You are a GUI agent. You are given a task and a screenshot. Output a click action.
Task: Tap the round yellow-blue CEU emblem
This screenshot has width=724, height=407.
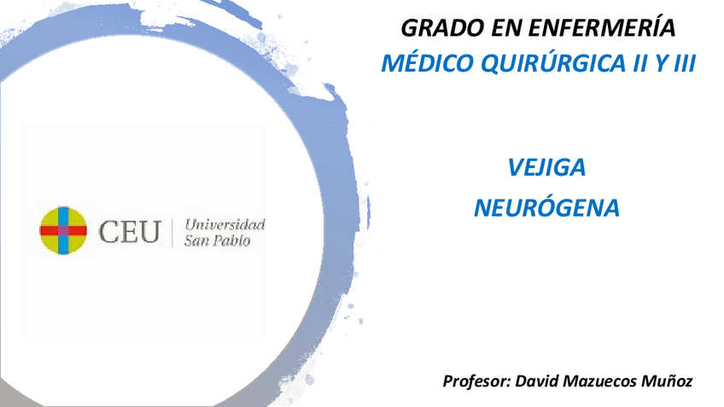click(63, 230)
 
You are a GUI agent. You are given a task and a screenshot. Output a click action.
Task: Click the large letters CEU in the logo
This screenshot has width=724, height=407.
click(129, 231)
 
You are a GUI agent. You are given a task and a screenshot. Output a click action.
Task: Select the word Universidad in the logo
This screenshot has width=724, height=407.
click(225, 224)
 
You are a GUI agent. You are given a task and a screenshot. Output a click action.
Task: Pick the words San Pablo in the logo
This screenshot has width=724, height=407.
click(218, 241)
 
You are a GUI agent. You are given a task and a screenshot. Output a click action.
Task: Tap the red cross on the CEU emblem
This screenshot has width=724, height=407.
click(63, 230)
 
